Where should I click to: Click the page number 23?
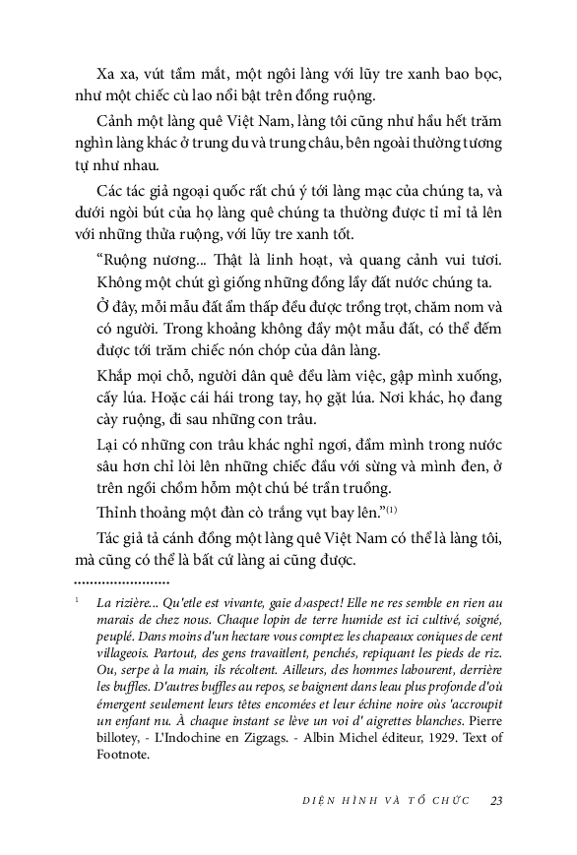pos(496,800)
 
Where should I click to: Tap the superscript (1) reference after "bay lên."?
pos(390,509)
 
